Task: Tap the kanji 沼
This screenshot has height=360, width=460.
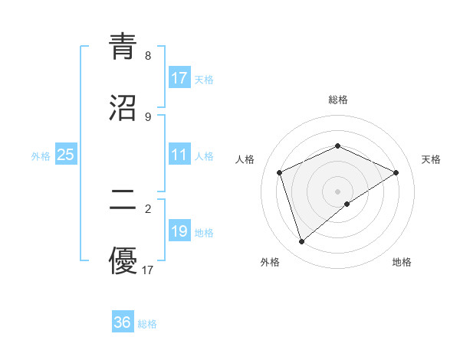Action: tap(123, 108)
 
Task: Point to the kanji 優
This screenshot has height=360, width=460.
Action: tap(123, 260)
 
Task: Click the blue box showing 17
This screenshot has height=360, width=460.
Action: tap(179, 78)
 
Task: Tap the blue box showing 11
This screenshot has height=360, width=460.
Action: tap(179, 155)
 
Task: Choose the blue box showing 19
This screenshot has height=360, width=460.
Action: tap(179, 231)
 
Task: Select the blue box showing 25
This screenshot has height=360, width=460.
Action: tap(66, 155)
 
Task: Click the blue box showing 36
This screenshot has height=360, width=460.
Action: tap(123, 322)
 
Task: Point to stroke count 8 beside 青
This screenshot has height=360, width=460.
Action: tap(148, 56)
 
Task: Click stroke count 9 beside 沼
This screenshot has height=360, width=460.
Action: tap(148, 116)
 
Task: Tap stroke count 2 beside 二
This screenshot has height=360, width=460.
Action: tap(148, 208)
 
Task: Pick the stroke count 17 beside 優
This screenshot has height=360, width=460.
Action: tap(148, 270)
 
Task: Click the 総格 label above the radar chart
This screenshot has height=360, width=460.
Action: tap(337, 100)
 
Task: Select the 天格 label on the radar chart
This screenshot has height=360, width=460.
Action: tap(431, 159)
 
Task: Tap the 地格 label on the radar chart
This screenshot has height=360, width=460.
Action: tap(402, 262)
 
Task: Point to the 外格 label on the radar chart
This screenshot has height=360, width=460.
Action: tap(270, 262)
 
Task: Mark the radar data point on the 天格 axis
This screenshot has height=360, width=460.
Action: tap(396, 172)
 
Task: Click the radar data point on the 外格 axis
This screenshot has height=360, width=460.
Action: tap(301, 242)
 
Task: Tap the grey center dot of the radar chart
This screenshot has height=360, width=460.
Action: tap(337, 191)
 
